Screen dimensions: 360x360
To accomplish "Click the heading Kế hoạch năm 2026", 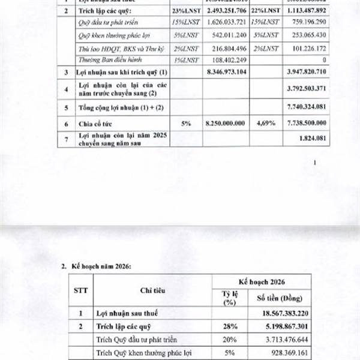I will [101, 264].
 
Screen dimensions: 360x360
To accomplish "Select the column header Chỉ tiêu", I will [152, 290].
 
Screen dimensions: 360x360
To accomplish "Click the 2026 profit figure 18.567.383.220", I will [278, 313].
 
